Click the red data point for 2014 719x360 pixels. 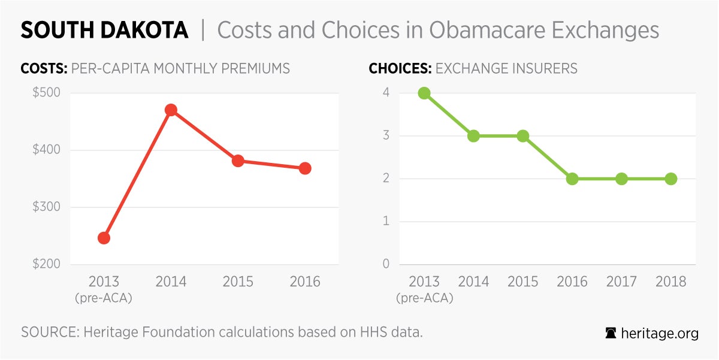[x=171, y=110]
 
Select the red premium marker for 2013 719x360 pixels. [x=104, y=238]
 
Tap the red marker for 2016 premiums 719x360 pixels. [x=305, y=168]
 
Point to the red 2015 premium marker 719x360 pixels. [x=238, y=161]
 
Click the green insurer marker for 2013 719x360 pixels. [x=424, y=93]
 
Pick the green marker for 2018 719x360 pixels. [x=671, y=179]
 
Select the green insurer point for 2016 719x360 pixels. [x=572, y=179]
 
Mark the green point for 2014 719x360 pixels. [x=473, y=136]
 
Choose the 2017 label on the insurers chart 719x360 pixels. [x=621, y=282]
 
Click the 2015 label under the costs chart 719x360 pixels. [x=238, y=282]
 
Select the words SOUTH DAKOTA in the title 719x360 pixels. [x=104, y=30]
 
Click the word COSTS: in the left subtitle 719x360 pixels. [x=44, y=68]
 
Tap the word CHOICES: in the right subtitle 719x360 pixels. [x=400, y=68]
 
